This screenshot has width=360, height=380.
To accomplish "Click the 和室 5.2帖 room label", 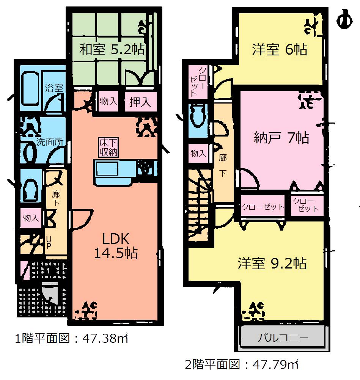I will (x=112, y=49).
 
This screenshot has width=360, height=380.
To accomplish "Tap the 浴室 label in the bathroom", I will (x=53, y=88).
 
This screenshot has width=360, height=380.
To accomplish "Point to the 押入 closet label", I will (x=140, y=102).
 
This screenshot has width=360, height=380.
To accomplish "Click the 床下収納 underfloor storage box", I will (x=108, y=148).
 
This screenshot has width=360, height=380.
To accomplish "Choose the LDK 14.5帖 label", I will (x=116, y=245).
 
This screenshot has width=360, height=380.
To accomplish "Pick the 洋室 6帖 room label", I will (x=280, y=50).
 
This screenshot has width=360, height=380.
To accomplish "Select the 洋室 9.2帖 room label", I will (x=272, y=263).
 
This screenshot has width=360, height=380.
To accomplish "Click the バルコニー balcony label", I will (x=282, y=337).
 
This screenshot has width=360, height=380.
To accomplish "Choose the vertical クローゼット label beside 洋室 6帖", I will (x=198, y=82).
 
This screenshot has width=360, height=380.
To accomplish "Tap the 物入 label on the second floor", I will (x=198, y=153).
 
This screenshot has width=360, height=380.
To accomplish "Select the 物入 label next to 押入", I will (x=108, y=102).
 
